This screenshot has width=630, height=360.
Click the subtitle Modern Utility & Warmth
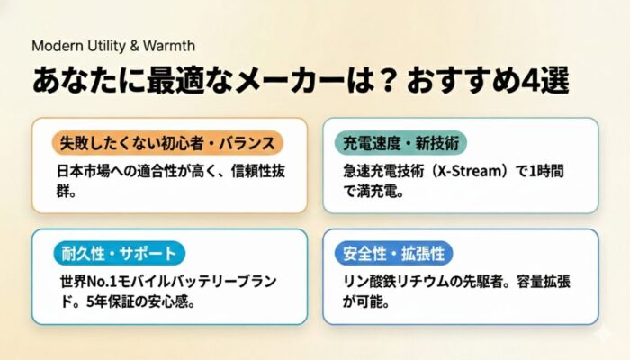click(x=112, y=45)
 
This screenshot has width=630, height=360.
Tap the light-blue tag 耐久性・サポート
click(x=118, y=253)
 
